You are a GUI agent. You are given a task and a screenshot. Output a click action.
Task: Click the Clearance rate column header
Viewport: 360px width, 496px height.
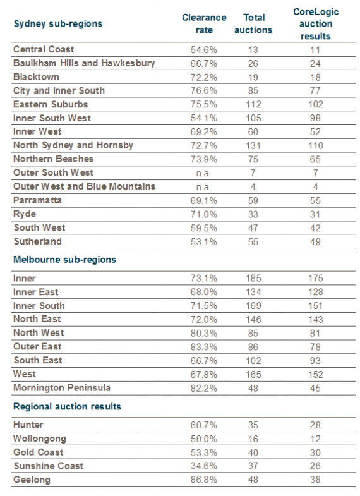[x=204, y=24]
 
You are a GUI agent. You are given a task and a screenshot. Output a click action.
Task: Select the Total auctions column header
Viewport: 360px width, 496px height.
[x=253, y=24]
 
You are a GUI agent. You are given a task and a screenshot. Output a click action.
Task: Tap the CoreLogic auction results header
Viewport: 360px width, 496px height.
[x=316, y=24]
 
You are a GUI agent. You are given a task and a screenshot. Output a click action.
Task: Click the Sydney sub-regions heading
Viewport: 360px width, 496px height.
[x=58, y=24]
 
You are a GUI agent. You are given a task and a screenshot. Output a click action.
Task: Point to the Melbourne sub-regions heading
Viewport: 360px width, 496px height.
[x=64, y=260]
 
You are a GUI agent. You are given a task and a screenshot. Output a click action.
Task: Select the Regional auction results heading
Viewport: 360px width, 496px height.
[x=67, y=406]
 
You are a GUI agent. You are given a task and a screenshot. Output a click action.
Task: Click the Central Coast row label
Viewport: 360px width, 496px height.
[x=44, y=49]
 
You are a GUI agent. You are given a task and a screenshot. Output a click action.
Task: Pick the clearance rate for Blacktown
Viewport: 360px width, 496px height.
[x=204, y=77]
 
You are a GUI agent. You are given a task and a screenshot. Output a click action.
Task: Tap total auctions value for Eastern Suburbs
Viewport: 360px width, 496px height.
[x=253, y=104]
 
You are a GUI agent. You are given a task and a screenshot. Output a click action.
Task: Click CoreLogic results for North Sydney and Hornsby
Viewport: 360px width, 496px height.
[x=316, y=145]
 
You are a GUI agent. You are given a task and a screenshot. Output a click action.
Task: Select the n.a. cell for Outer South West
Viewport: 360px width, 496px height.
[x=204, y=173]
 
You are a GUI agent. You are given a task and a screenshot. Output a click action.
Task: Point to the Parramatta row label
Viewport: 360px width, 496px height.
[x=37, y=200]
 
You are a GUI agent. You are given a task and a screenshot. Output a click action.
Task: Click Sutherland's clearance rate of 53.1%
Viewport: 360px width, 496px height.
[x=204, y=242]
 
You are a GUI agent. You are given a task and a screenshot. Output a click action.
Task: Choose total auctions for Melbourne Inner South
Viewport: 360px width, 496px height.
[x=253, y=306]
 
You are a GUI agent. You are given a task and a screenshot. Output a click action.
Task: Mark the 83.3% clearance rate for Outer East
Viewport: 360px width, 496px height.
[x=204, y=347]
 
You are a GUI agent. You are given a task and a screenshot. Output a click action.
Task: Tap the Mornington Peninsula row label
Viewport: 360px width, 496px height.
[x=62, y=388]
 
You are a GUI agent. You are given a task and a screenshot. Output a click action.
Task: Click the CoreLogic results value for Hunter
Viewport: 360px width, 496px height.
[x=315, y=425]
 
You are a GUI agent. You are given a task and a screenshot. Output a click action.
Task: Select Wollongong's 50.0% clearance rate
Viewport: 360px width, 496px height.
[x=204, y=439]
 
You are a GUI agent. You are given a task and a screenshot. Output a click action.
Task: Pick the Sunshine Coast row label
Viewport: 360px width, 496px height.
[x=49, y=466]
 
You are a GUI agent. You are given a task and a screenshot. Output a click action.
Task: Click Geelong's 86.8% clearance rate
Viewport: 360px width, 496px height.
[x=204, y=480]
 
